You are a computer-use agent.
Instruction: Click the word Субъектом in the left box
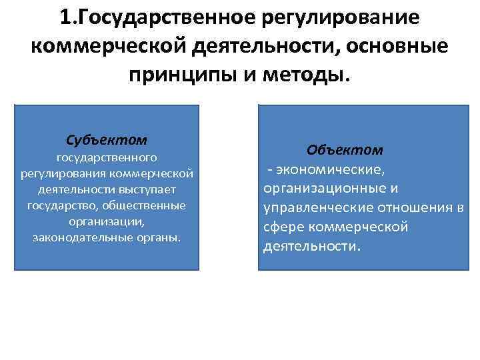107,141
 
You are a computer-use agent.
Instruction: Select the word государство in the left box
61,205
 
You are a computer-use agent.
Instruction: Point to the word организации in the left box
107,221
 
